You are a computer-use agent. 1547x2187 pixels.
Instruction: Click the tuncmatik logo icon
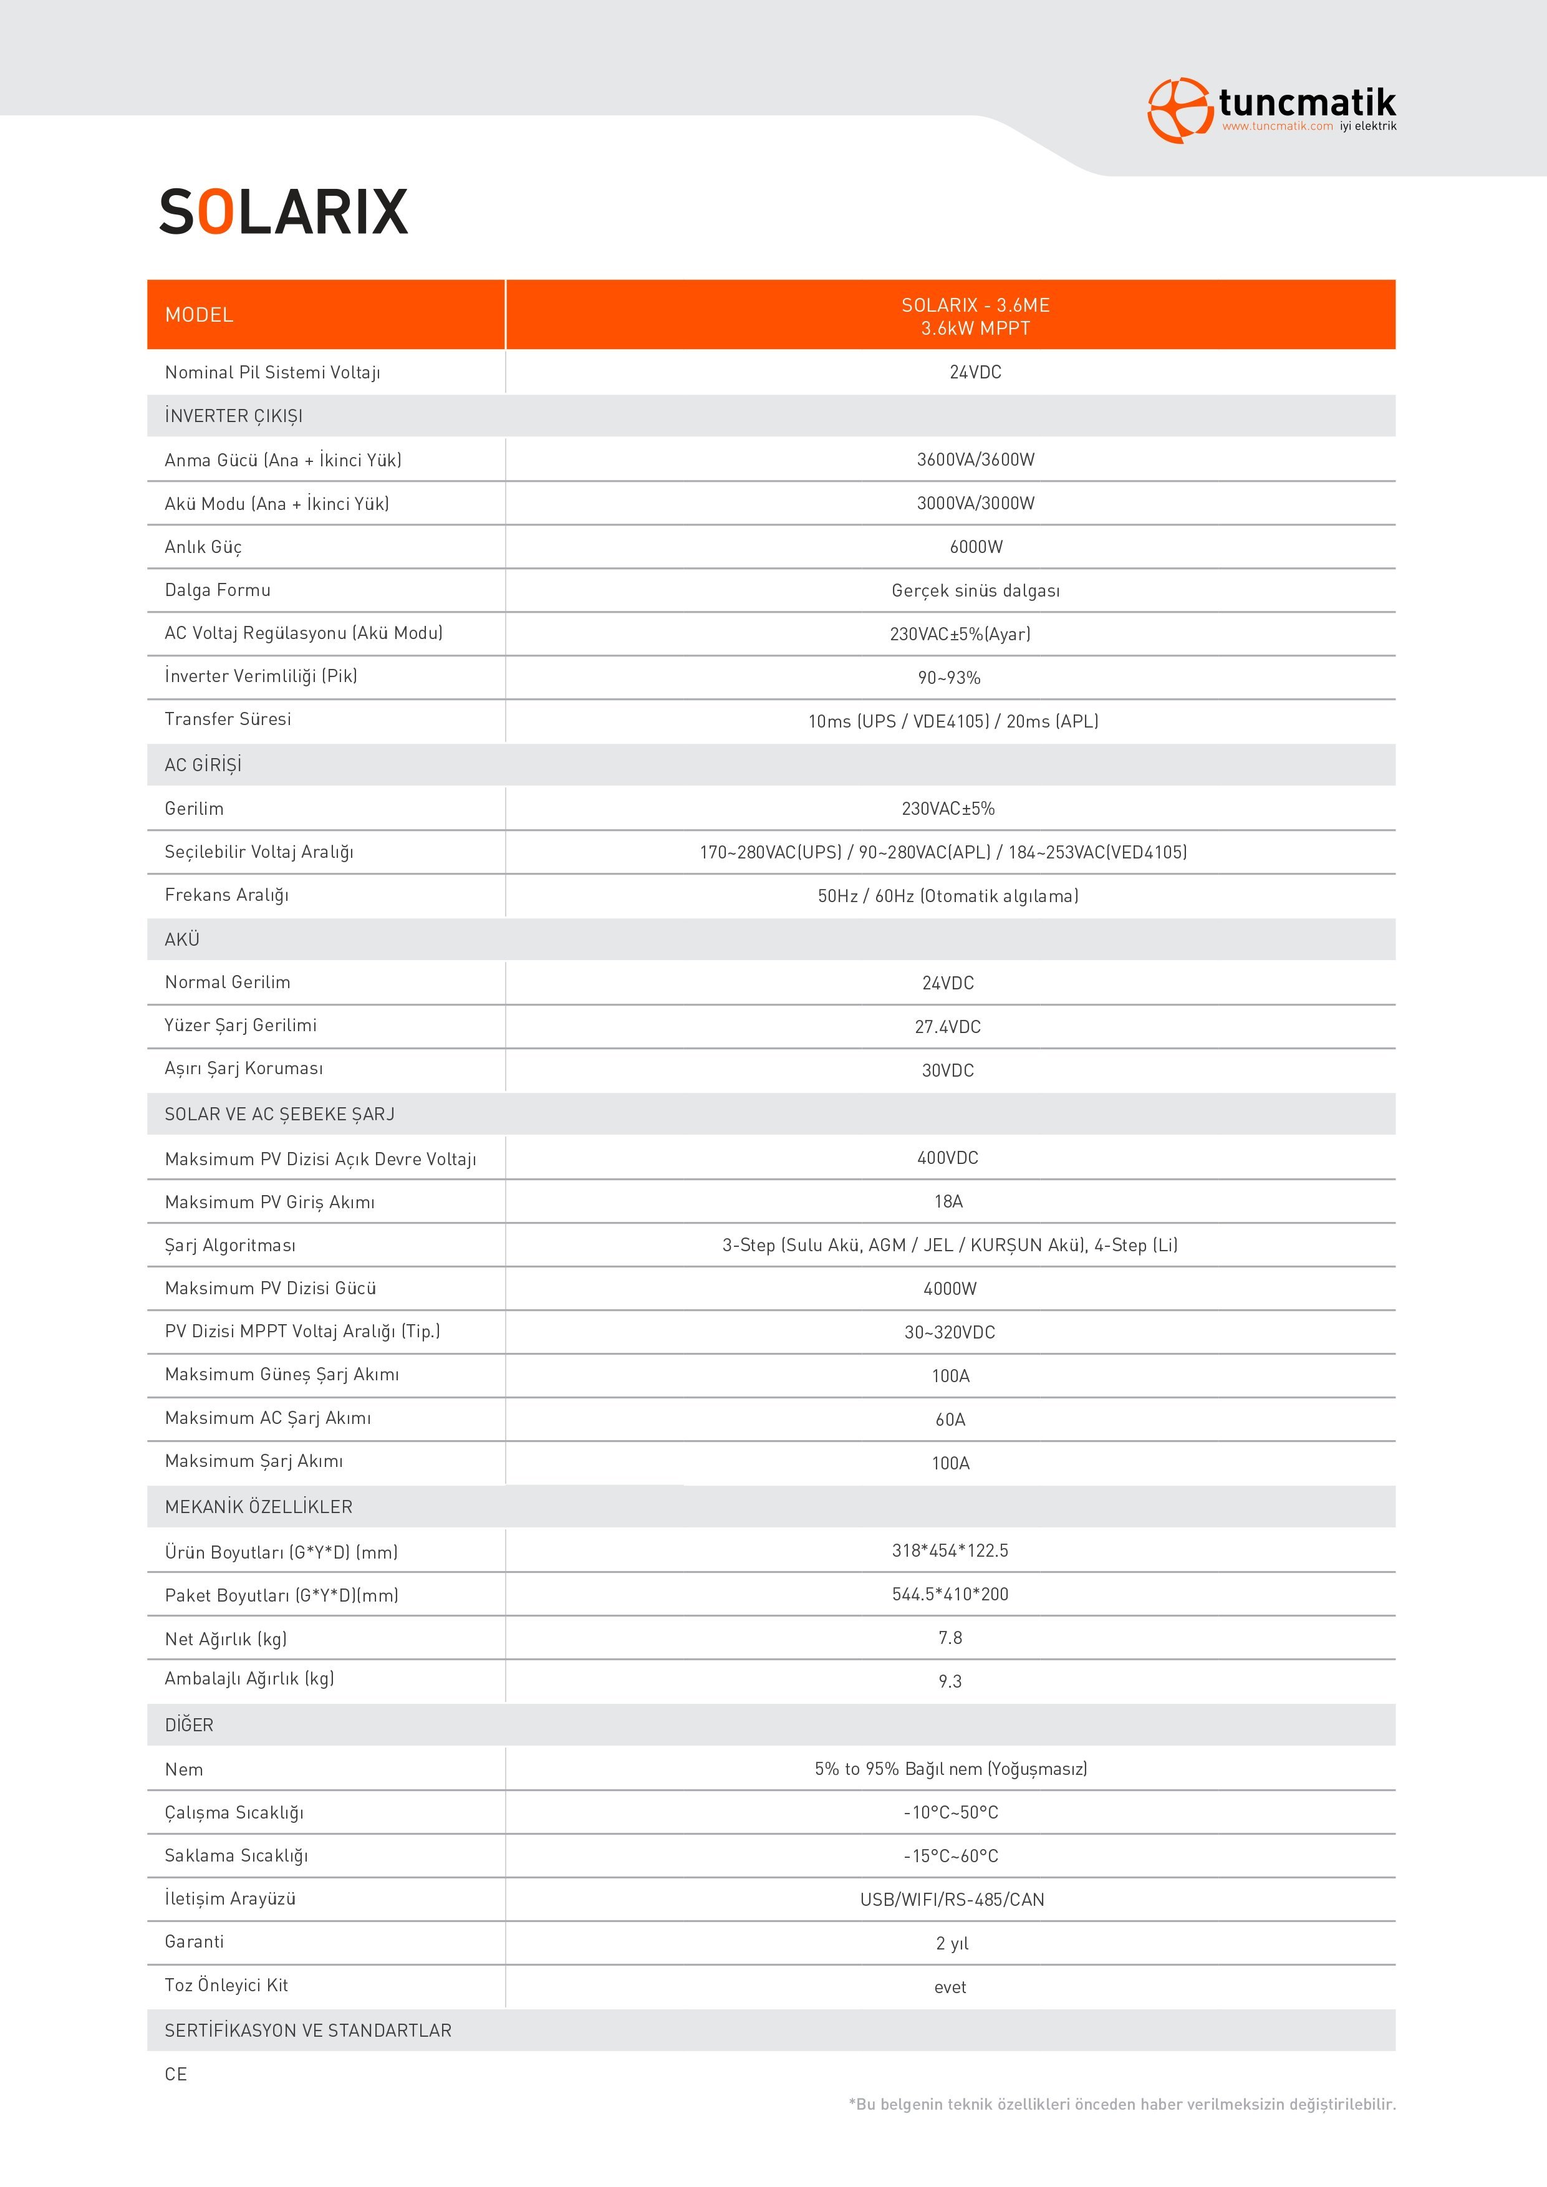[1178, 110]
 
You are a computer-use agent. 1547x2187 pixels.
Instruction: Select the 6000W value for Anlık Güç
[975, 547]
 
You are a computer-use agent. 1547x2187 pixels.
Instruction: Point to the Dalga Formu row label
[217, 590]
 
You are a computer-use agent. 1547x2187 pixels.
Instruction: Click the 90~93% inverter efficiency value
[949, 677]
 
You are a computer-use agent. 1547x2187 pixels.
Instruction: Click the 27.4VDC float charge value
[948, 1027]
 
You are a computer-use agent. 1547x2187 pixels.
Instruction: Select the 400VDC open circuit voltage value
[948, 1157]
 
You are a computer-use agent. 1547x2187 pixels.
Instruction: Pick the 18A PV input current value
[948, 1201]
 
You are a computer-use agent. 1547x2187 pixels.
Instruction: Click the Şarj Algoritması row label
[229, 1246]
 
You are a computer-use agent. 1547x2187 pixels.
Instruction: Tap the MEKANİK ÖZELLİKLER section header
[258, 1507]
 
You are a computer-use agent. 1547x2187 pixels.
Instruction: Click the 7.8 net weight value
[950, 1637]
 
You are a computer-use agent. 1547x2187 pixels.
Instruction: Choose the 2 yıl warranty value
[952, 1943]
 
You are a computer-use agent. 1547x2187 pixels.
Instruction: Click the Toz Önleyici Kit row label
[226, 1985]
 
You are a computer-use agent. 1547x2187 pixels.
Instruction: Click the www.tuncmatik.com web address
[1276, 127]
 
